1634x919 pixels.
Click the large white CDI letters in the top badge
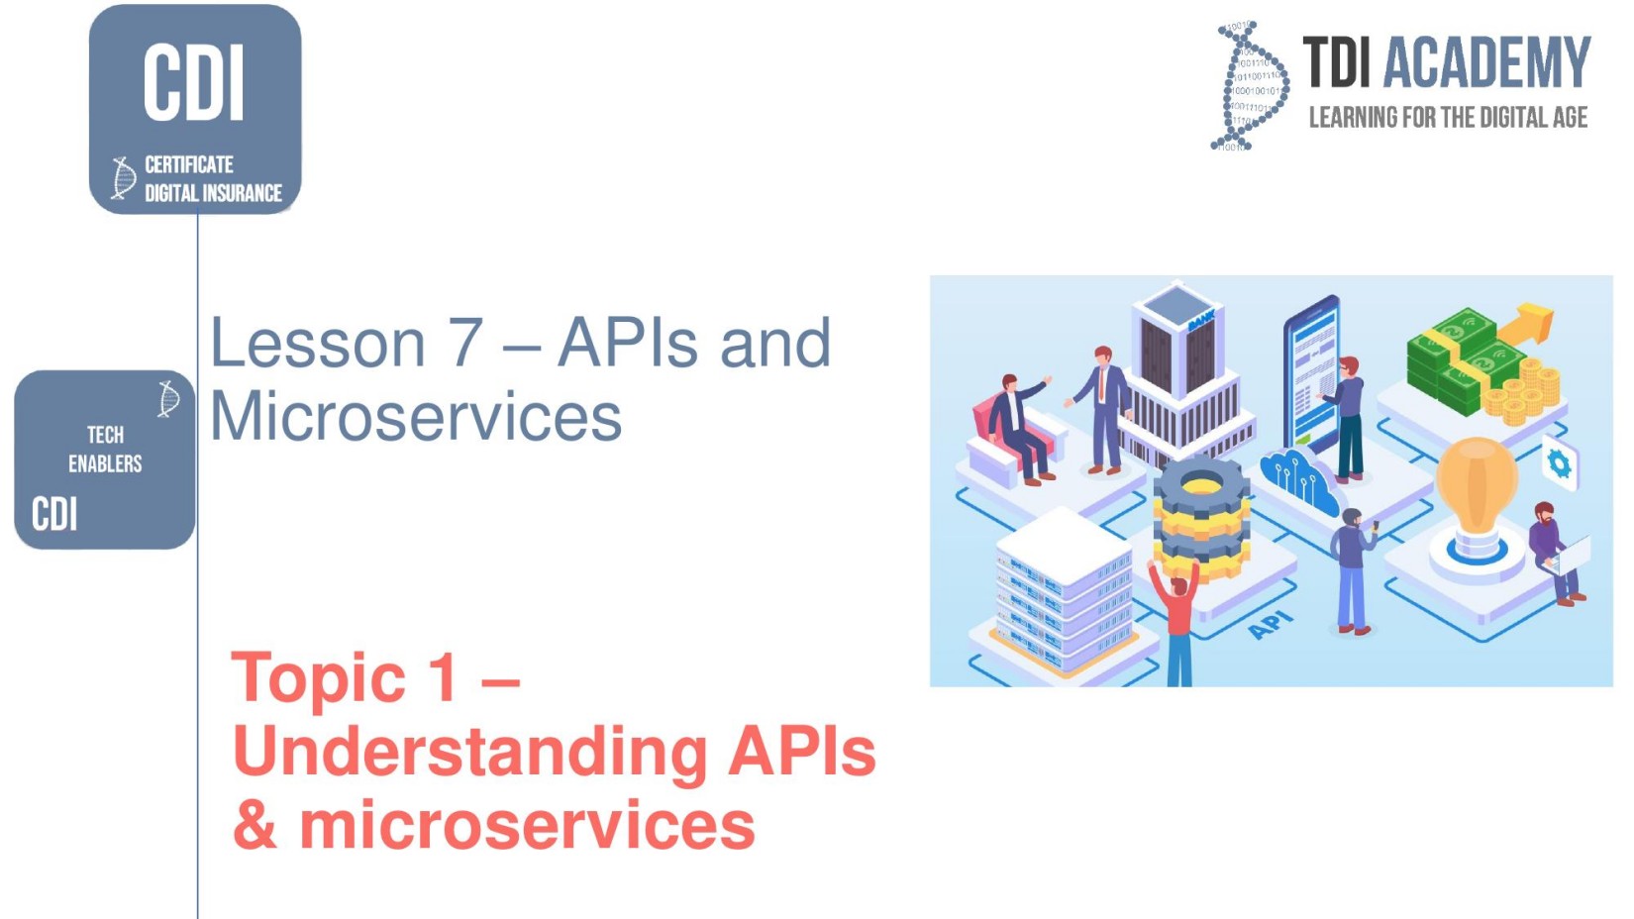(x=194, y=81)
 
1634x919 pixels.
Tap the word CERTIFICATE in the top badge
(x=189, y=164)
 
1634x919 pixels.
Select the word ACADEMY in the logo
(x=1485, y=62)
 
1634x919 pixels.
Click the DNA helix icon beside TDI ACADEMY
(x=1250, y=86)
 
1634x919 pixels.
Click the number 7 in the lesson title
(x=464, y=343)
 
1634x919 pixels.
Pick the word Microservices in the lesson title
(x=416, y=417)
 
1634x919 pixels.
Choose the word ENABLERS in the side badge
(x=105, y=463)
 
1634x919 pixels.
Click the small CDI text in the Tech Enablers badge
(x=54, y=514)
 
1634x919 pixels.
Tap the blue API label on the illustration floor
(x=1271, y=626)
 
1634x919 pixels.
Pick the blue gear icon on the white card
(x=1559, y=463)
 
